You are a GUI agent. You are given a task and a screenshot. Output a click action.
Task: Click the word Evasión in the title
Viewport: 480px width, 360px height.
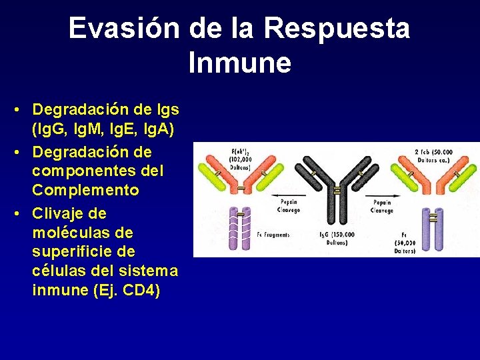124,29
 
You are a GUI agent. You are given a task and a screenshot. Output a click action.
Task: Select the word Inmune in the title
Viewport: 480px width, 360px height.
239,63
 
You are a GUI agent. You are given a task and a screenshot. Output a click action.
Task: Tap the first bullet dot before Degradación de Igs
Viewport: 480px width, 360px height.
23,108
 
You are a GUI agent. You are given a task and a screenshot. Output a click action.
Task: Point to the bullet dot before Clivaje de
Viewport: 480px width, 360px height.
23,213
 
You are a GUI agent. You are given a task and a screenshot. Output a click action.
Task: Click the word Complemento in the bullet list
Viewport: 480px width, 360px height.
85,191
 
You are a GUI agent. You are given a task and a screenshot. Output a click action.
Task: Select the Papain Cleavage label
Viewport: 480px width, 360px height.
382,205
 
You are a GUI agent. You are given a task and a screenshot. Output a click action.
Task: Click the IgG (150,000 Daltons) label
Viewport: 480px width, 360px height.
337,239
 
